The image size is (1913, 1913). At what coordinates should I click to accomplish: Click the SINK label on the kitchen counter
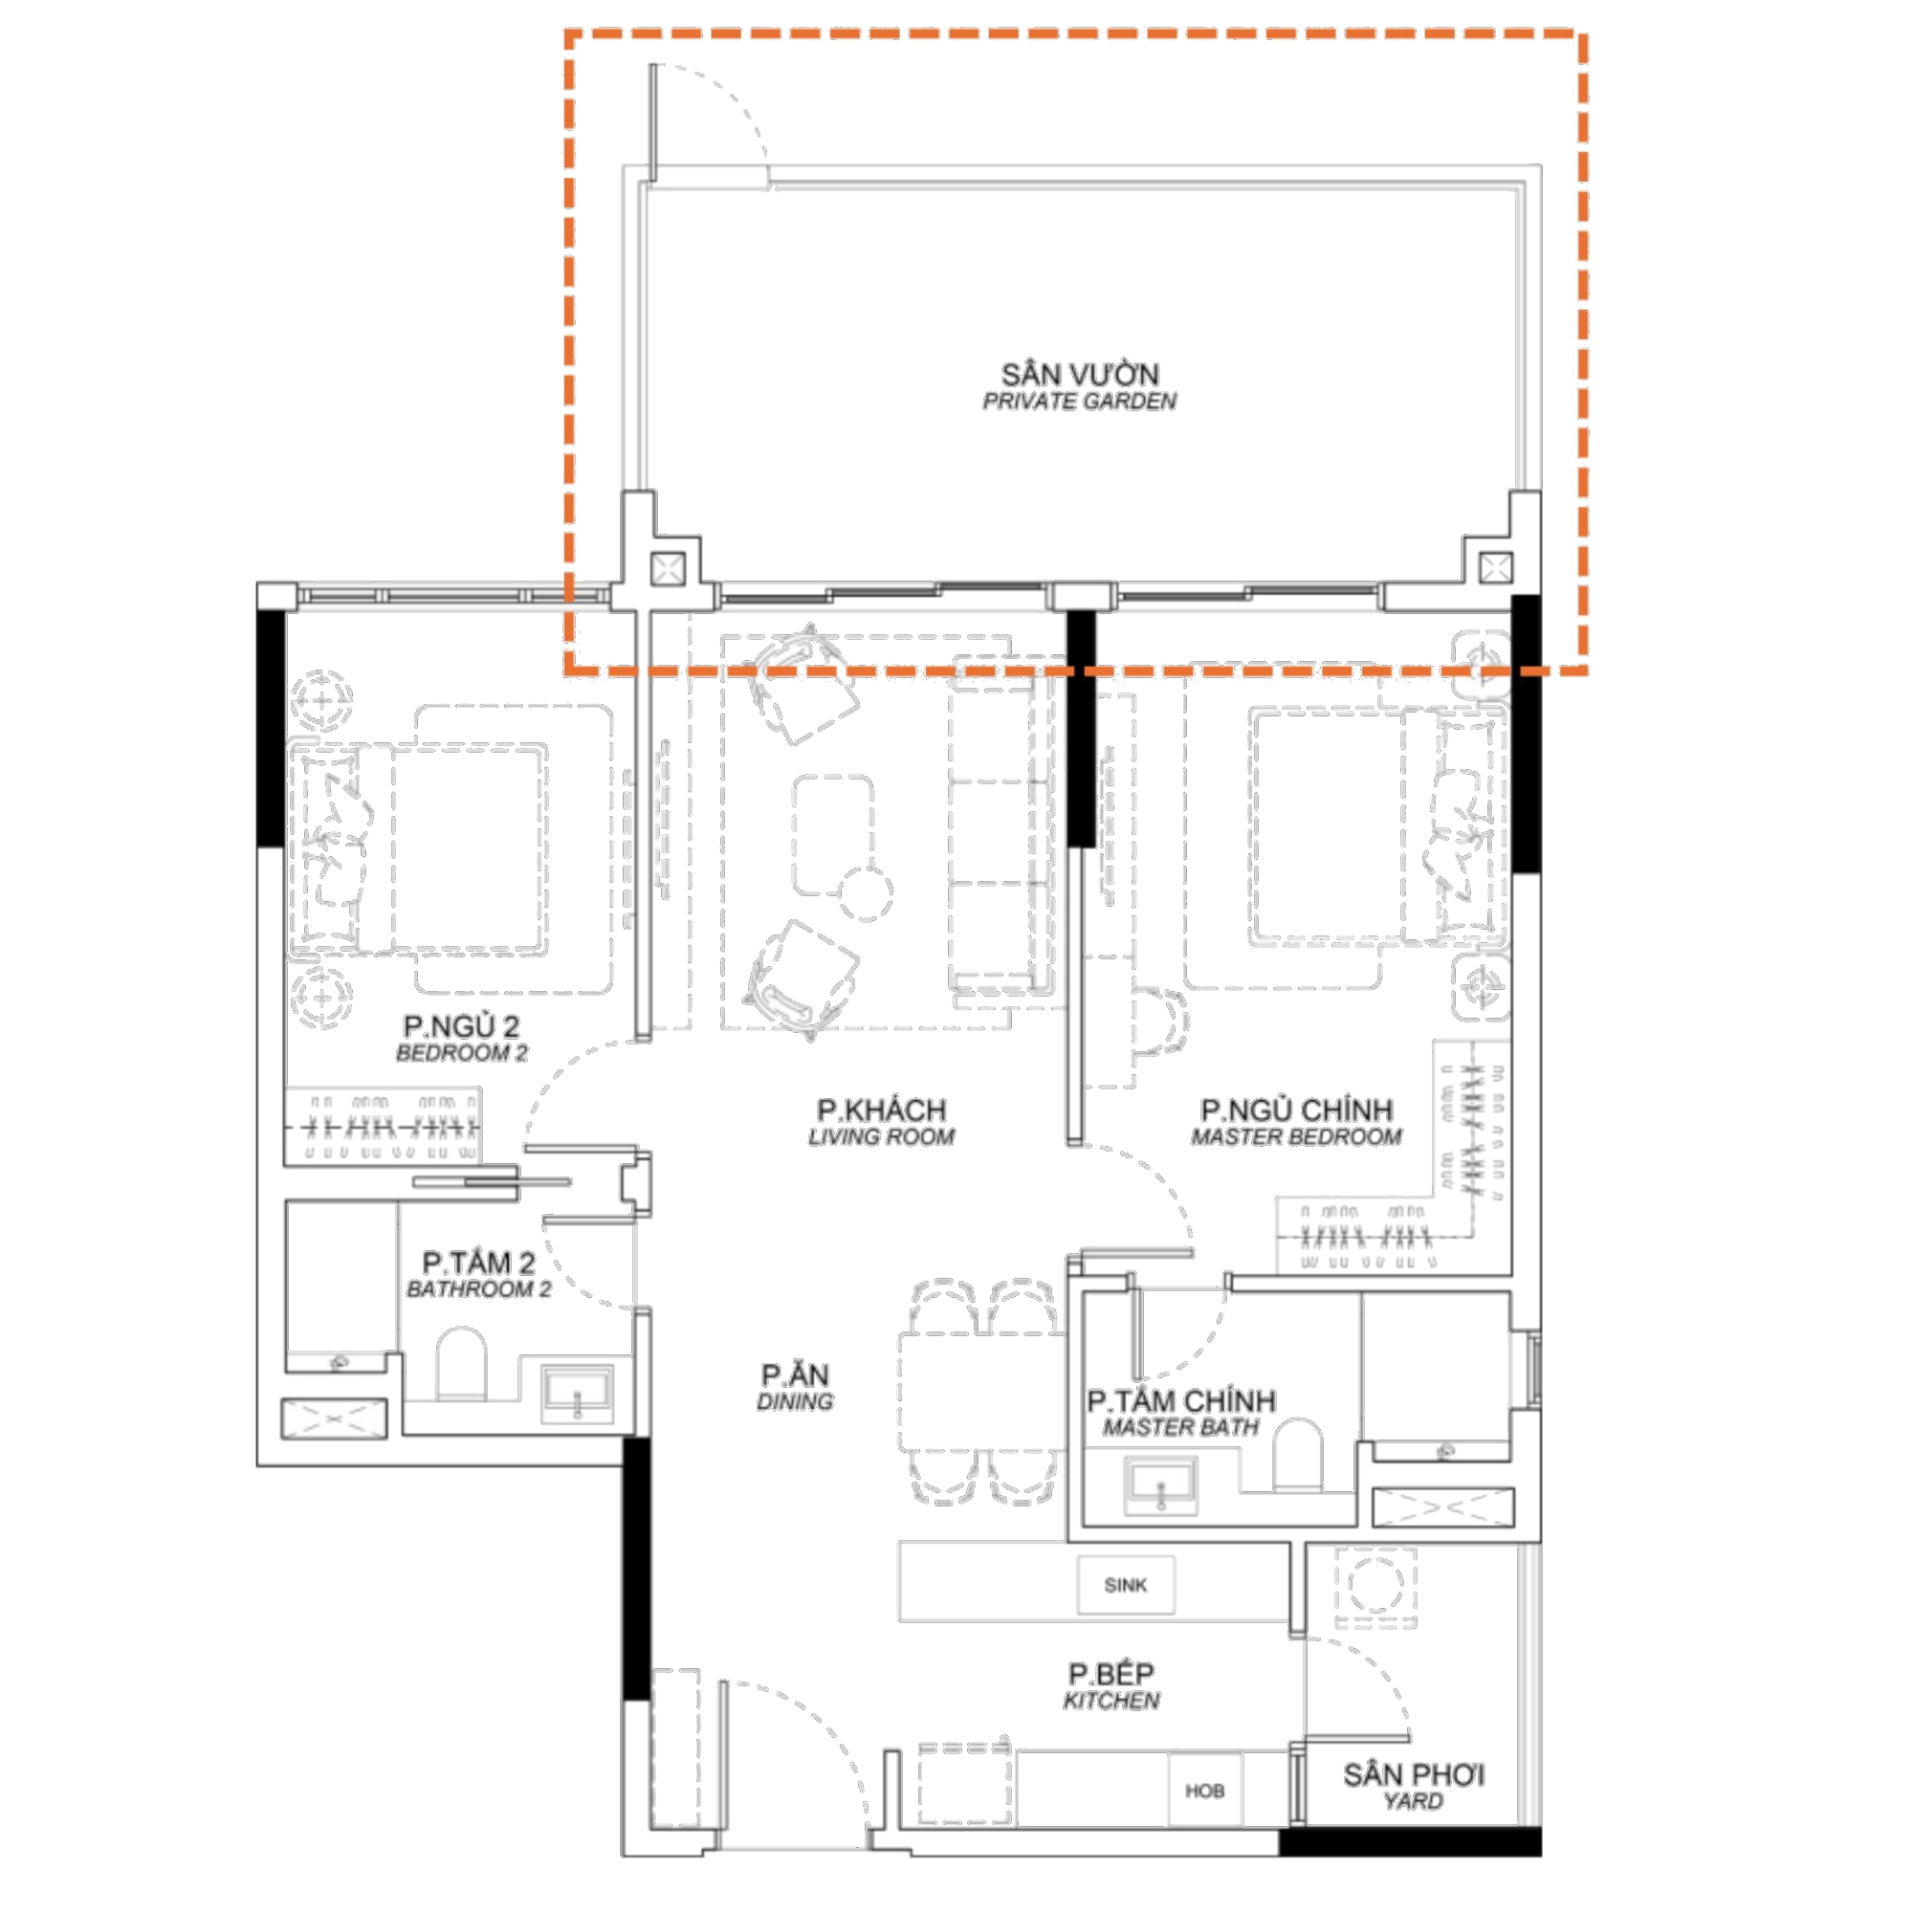coord(1125,1585)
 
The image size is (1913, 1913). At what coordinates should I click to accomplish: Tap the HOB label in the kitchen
coord(1204,1792)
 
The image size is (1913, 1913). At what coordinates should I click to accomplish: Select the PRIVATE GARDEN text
coord(1079,401)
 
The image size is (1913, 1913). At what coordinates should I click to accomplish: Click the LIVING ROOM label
coord(881,1136)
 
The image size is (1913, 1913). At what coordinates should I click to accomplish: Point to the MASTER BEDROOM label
coord(1296,1136)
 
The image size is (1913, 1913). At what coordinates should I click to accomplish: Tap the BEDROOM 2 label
coord(461,1052)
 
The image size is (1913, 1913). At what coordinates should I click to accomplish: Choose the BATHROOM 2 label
coord(478,1289)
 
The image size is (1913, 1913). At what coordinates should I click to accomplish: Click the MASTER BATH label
coord(1180,1427)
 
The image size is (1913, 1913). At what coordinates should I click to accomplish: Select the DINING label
coord(794,1401)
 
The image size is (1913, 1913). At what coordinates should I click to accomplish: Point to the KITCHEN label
coord(1110,1700)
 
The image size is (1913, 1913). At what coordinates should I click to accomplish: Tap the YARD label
coord(1413,1801)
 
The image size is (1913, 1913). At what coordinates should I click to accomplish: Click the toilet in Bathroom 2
coord(461,1363)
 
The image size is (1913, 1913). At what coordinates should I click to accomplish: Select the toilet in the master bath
coord(1297,1455)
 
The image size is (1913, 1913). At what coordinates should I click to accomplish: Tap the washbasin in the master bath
coord(1160,1486)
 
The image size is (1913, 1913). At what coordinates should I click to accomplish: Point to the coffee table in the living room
coord(833,835)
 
